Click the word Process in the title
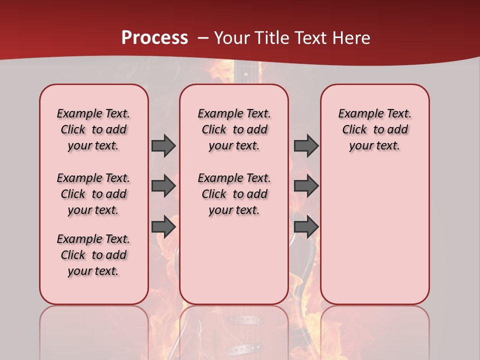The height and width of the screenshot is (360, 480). [154, 37]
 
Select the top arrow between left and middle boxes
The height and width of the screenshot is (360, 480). [163, 145]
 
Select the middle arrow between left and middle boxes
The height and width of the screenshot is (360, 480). [163, 186]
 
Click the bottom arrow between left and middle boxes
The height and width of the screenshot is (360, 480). [163, 227]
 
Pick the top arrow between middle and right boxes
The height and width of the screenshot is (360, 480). [306, 145]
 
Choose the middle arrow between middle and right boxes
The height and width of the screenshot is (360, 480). [306, 186]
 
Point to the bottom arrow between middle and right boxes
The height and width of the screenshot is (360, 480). [306, 227]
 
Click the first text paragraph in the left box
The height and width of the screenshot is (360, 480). [93, 129]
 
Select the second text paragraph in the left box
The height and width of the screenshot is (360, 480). [93, 194]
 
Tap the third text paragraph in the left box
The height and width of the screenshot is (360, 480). [93, 255]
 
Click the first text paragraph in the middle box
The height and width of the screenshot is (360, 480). [234, 129]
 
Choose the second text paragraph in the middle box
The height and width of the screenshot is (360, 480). [234, 194]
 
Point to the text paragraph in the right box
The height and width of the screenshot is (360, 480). [374, 129]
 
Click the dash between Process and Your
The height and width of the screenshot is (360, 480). [203, 38]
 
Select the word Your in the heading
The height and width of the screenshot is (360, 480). [232, 38]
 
